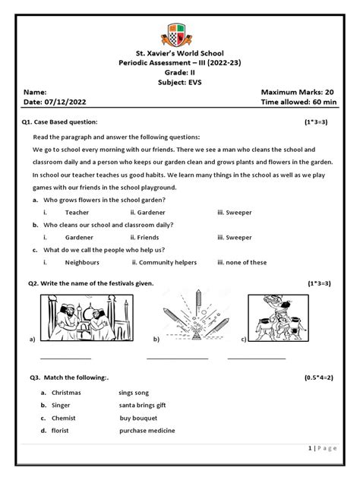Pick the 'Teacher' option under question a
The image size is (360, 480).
[x=77, y=212]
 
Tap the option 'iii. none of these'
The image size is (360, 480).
[x=242, y=262]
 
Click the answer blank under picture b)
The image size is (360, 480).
[x=177, y=356]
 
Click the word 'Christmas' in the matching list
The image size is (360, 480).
[x=66, y=393]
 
